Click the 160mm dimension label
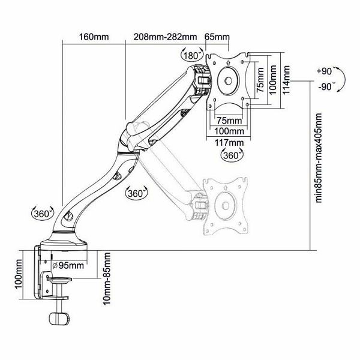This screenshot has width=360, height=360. tap(94, 37)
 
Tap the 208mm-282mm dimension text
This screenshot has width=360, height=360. tap(165, 37)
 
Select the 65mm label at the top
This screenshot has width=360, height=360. tap(217, 37)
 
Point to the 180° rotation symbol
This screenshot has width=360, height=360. tap(192, 55)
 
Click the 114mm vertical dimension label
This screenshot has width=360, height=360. tap(286, 80)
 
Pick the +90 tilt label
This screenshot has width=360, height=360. tap(324, 71)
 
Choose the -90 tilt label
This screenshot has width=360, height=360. tap(325, 87)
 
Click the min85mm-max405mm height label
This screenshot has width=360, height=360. tap(319, 158)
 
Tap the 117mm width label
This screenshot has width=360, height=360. tap(229, 143)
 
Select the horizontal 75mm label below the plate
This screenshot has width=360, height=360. tap(229, 121)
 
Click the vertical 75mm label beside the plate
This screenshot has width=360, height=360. tap(260, 80)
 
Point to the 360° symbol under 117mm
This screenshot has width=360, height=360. tap(232, 155)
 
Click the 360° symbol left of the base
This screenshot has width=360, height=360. tap(43, 214)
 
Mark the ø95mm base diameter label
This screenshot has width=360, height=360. tap(68, 266)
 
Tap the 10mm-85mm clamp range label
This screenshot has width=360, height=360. tap(107, 278)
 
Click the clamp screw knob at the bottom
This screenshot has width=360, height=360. tap(59, 319)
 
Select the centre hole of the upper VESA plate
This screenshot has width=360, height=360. tap(228, 80)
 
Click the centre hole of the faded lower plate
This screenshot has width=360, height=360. tap(226, 206)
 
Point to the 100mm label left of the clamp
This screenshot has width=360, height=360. tap(18, 274)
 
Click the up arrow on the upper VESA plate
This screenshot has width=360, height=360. tap(228, 62)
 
